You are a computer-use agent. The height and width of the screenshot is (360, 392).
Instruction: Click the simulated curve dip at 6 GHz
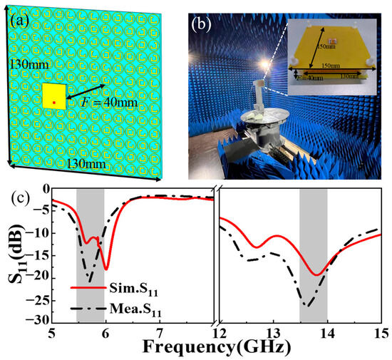pos(106,269)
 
